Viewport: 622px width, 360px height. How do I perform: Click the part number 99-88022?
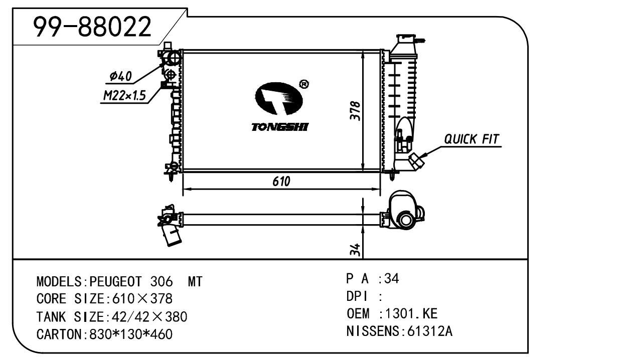click(92, 27)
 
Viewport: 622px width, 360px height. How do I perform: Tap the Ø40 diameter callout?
click(120, 76)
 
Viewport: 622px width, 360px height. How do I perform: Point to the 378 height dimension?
click(355, 111)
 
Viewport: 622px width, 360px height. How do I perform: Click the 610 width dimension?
click(281, 182)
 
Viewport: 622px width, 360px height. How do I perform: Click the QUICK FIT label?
click(472, 139)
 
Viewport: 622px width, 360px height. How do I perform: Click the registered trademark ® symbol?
click(303, 84)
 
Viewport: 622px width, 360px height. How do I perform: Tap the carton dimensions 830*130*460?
click(130, 334)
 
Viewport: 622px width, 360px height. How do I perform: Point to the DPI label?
click(354, 297)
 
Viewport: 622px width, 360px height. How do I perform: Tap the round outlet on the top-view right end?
click(405, 219)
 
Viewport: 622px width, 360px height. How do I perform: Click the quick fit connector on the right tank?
click(416, 160)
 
